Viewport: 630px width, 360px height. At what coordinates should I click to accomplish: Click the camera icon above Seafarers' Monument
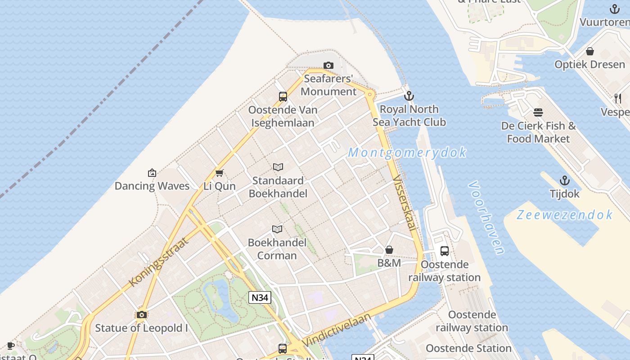click(x=328, y=66)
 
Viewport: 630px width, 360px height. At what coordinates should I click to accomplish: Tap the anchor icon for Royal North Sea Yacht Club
click(x=409, y=96)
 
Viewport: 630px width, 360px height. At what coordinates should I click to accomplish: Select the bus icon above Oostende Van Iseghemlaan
click(x=283, y=96)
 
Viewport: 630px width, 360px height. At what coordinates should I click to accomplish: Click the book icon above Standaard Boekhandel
click(x=278, y=167)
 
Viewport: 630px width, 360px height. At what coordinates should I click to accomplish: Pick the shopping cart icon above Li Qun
click(x=220, y=173)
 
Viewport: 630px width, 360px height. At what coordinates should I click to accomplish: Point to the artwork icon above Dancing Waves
click(x=152, y=173)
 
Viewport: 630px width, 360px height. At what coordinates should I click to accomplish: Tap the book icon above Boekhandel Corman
click(x=278, y=229)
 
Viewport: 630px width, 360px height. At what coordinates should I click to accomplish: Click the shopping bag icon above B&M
click(x=389, y=250)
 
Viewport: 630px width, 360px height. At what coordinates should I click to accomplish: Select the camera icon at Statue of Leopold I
click(x=142, y=315)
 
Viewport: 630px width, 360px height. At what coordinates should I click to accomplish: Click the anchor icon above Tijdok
click(x=564, y=181)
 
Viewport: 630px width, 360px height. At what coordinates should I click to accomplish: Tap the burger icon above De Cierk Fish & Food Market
click(x=538, y=112)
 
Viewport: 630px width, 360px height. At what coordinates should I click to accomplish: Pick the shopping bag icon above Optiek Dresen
click(x=590, y=51)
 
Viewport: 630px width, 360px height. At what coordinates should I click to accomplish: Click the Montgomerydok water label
click(x=407, y=153)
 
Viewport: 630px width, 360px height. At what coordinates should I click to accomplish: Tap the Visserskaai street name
click(x=404, y=202)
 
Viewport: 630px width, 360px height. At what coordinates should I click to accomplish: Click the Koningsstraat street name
click(x=158, y=261)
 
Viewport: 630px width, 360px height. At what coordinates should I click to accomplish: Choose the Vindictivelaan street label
click(x=337, y=330)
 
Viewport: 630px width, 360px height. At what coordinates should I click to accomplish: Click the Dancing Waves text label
click(x=152, y=186)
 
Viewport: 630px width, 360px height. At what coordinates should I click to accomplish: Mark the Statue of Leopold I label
click(x=141, y=328)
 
